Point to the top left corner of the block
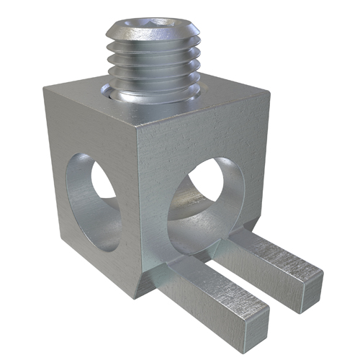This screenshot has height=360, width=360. [x=45, y=89]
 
